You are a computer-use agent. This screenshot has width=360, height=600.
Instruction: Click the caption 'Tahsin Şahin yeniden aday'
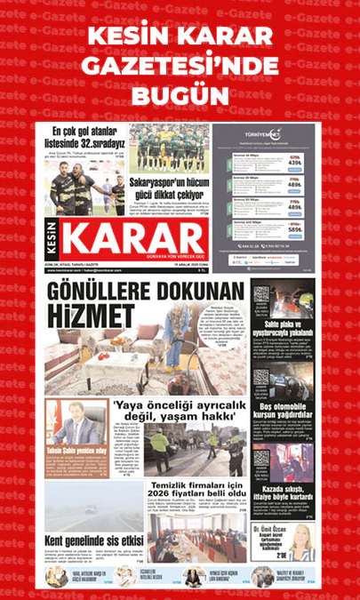click(x=76, y=452)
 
